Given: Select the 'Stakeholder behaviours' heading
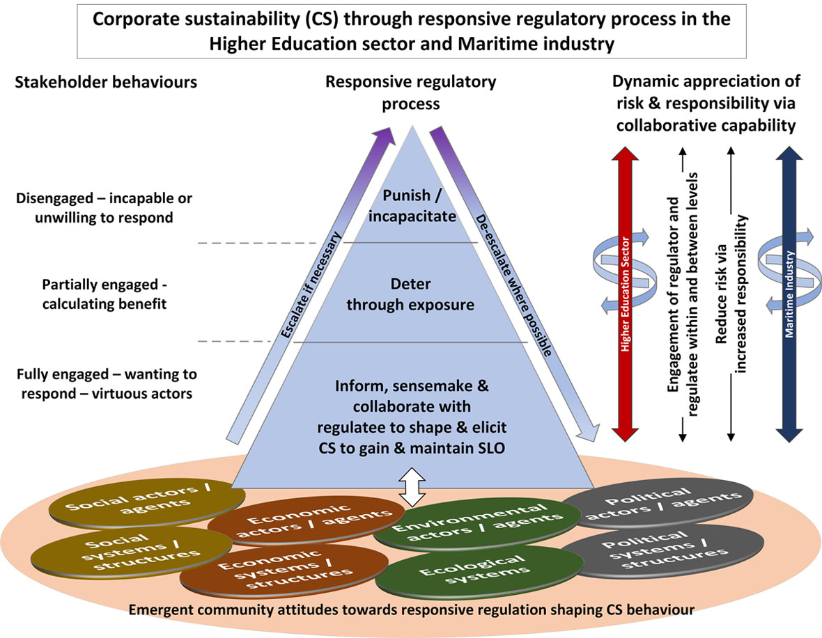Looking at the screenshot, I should (105, 81).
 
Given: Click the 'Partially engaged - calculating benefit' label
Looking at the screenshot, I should (104, 295).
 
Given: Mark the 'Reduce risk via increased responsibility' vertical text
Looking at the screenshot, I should (730, 293).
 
